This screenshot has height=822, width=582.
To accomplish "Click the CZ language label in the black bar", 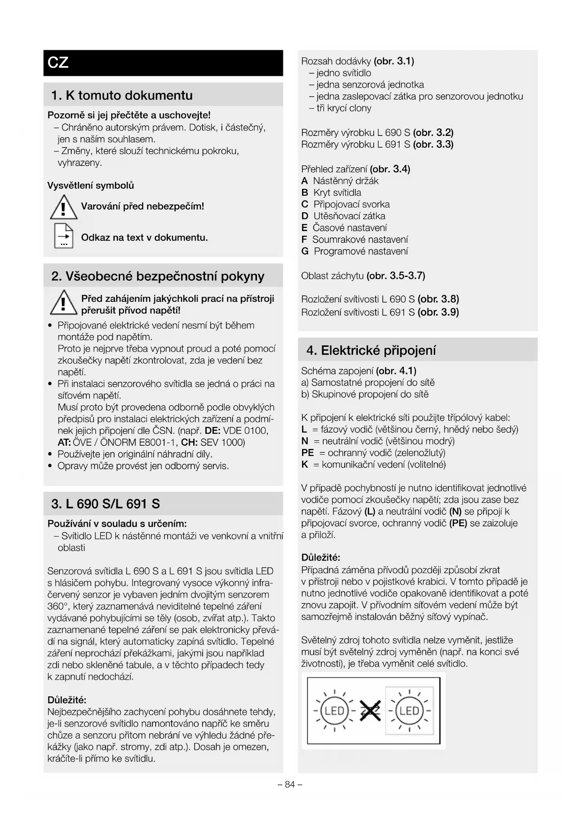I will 58,63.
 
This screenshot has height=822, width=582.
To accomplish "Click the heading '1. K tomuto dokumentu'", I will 122,96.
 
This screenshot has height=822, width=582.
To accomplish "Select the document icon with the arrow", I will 64,236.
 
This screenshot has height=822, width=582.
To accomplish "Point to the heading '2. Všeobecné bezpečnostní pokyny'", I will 158,276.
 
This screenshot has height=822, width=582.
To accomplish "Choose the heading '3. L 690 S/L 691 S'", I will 106,504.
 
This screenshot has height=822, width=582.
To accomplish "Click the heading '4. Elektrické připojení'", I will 371,351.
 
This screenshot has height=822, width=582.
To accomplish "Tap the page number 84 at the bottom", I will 290,784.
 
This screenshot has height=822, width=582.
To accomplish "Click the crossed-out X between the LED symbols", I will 370,711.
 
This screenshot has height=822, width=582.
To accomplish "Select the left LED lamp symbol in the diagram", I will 334,711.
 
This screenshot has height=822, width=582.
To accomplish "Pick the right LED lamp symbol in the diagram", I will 409,711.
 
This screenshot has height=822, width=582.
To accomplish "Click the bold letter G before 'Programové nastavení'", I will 305,252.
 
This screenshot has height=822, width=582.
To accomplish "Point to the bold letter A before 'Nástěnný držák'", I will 304,181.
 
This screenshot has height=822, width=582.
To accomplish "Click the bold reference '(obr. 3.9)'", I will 438,312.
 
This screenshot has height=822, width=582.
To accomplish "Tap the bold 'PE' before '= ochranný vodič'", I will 307,453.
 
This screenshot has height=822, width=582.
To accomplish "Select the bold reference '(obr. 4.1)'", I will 396,371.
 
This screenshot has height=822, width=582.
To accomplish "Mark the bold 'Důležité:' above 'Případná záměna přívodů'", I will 321,558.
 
